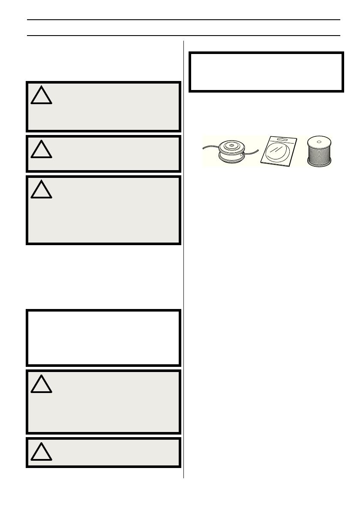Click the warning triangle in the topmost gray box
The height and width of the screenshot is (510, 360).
pyautogui.click(x=42, y=96)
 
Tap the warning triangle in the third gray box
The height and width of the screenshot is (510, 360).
pyautogui.click(x=42, y=190)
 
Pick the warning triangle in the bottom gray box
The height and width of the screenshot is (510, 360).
pyautogui.click(x=42, y=452)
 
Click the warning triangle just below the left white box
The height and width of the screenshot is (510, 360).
pyautogui.click(x=42, y=384)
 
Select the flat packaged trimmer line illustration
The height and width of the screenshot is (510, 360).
pyautogui.click(x=280, y=151)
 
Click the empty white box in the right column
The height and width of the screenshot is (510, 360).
pyautogui.click(x=266, y=72)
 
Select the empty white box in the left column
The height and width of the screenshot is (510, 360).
pyautogui.click(x=103, y=337)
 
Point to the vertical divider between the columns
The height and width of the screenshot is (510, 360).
pyautogui.click(x=184, y=257)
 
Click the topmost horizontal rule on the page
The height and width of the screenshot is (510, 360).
pyautogui.click(x=183, y=20)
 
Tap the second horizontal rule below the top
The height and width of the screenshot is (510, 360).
pyautogui.click(x=183, y=35)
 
